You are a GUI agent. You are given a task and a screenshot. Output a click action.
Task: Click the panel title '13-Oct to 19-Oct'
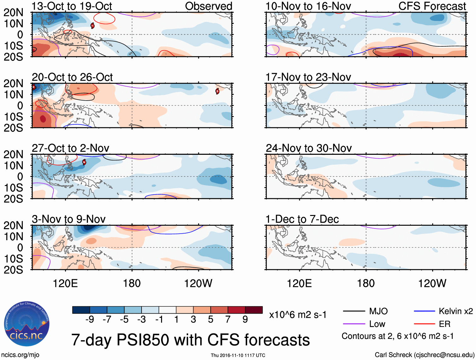(x=72, y=6)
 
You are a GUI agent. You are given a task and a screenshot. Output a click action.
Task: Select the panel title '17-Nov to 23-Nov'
(x=308, y=77)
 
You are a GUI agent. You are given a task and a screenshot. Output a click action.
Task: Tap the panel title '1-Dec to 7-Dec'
(x=302, y=219)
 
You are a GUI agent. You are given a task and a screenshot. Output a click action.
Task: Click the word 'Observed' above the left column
(x=208, y=6)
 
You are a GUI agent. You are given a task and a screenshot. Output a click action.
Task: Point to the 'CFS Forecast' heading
(x=432, y=6)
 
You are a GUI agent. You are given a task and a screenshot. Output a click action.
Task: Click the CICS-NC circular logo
(x=27, y=323)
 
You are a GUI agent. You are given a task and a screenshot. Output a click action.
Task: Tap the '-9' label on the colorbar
(x=90, y=320)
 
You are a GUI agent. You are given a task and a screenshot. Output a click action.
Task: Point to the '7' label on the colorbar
(x=228, y=320)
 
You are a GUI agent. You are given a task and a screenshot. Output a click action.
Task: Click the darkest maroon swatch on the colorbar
(x=254, y=310)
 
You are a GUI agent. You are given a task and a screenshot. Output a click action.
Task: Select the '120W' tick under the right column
(x=432, y=283)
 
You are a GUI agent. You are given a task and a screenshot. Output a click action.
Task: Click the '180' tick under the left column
(x=132, y=283)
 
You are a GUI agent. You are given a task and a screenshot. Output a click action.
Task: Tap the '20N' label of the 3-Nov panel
(x=13, y=225)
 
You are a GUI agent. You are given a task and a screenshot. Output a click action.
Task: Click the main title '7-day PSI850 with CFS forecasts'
(x=190, y=340)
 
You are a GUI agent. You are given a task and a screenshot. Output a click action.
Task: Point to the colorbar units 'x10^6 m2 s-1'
(x=298, y=315)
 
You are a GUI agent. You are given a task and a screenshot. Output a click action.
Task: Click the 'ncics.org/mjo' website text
(x=20, y=355)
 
